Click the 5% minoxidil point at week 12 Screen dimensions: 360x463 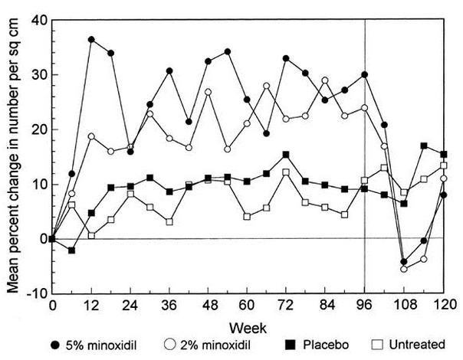[91, 39]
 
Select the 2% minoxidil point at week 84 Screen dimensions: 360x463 [325, 80]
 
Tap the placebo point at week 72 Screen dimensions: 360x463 [286, 155]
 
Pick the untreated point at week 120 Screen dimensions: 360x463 [444, 165]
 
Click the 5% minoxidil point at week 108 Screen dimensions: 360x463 [404, 262]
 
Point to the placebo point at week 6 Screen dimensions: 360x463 [72, 250]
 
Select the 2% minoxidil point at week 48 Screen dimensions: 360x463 [208, 92]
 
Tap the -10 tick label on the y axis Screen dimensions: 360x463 [34, 293]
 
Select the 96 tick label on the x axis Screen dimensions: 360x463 [364, 306]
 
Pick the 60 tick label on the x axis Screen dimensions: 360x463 [247, 306]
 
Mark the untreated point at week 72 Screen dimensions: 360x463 [286, 172]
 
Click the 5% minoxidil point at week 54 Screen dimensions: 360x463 [228, 52]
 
